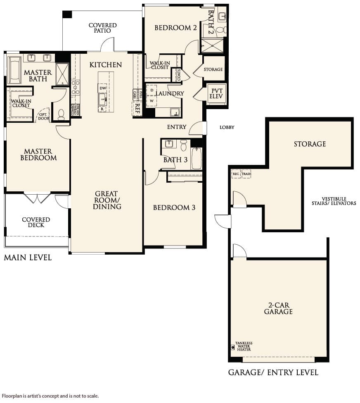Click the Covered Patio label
click(103, 28)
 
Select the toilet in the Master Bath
click(61, 114)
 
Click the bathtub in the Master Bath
click(14, 70)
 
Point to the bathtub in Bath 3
click(197, 159)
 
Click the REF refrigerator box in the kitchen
click(137, 108)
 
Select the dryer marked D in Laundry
click(152, 90)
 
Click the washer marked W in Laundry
click(152, 101)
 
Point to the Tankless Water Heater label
click(244, 346)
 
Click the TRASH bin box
click(246, 174)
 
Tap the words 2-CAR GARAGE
click(278, 308)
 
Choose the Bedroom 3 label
click(174, 207)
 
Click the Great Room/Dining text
click(107, 200)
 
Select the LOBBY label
click(227, 127)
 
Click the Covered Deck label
click(36, 222)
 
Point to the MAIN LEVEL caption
click(28, 258)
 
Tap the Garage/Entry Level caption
click(273, 373)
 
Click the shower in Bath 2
click(212, 45)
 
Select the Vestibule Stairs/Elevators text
click(334, 201)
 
